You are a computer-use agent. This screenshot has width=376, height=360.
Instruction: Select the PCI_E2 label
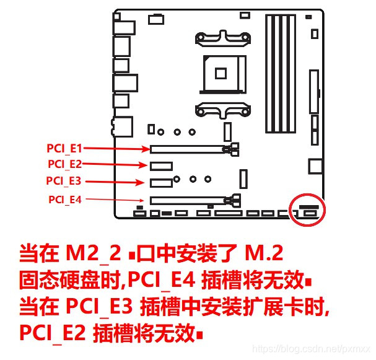click(64, 164)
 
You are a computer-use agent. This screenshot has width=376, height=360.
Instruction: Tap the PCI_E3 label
click(63, 181)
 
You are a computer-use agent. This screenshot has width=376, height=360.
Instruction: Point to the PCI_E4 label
click(65, 199)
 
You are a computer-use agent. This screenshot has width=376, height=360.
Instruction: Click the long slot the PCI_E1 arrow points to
click(186, 149)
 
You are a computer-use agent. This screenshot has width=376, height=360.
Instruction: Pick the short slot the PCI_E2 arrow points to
click(160, 165)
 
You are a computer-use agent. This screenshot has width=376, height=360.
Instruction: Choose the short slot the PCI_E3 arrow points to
click(160, 183)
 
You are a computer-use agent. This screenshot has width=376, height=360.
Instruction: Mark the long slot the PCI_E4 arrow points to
click(186, 200)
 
